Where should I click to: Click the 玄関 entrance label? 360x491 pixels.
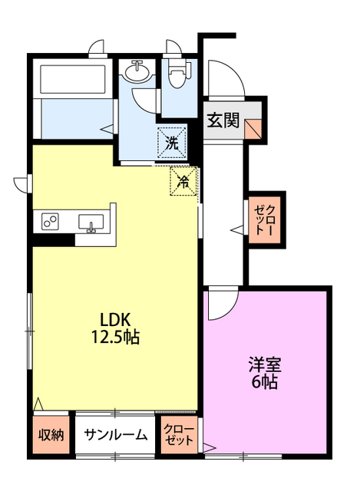coord(223,120)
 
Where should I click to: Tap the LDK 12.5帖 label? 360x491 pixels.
coord(117,327)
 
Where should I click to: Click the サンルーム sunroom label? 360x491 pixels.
coord(115,434)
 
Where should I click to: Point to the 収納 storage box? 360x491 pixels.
coord(51,434)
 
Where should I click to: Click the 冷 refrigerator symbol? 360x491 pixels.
coord(183,182)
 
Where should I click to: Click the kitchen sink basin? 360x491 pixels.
coord(91,222)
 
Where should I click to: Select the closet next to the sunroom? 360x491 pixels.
coord(179,434)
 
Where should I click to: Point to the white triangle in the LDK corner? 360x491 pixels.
coord(38,402)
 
